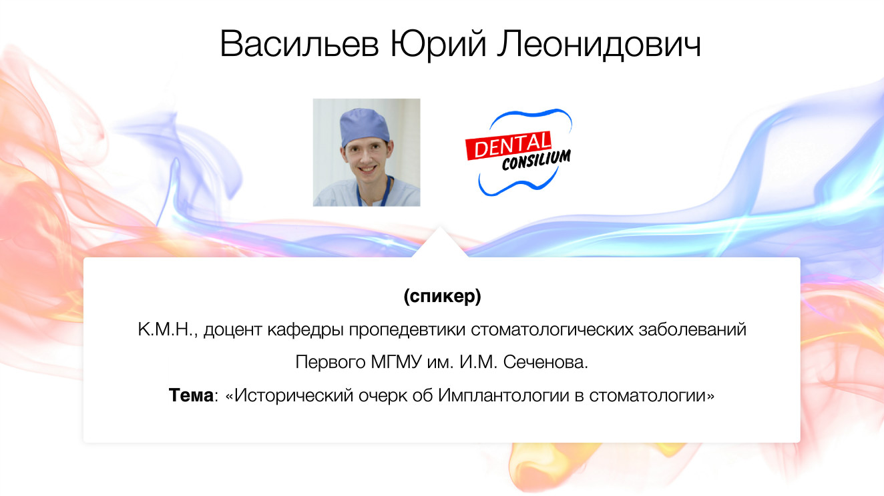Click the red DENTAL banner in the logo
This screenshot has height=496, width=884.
509,145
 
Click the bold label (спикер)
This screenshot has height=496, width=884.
442,297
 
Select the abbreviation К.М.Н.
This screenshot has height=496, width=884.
166,330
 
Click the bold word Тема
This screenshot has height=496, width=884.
190,395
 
